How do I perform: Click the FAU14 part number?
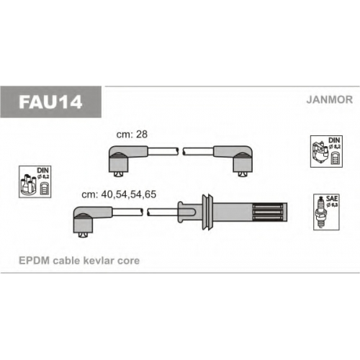coord(50,102)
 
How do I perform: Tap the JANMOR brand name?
coord(330,99)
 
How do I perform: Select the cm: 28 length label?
coord(132,135)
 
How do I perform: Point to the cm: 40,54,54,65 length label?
coord(119,194)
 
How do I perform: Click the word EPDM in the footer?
coord(35,261)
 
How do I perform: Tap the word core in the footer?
coord(128,261)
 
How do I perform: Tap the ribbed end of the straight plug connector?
coord(270,212)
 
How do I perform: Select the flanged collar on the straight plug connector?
coord(207,212)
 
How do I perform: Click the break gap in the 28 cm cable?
coord(181,151)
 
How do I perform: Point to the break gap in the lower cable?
coord(145,212)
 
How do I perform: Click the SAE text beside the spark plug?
coord(332,199)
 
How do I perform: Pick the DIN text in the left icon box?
coord(43,170)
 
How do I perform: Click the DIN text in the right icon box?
coord(334,140)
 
